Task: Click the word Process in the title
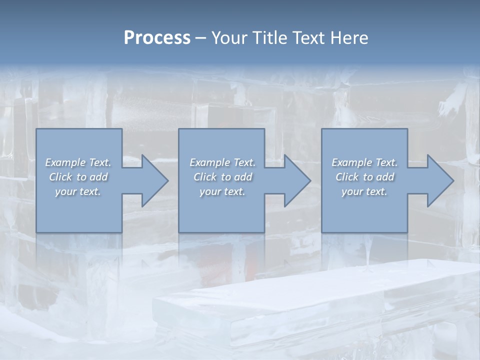click(157, 38)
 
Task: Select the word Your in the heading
click(228, 38)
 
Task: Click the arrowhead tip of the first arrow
click(168, 180)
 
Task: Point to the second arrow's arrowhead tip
click(310, 180)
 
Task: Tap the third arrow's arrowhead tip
click(453, 180)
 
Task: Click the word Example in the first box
click(65, 162)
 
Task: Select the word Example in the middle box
click(210, 162)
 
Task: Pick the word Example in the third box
click(352, 162)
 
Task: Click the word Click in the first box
click(60, 177)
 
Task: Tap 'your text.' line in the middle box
click(222, 191)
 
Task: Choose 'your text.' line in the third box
click(364, 191)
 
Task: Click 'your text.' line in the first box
click(78, 191)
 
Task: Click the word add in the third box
click(385, 177)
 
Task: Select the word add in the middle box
click(243, 177)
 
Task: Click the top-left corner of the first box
click(36, 129)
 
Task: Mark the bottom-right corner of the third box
click(407, 232)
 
